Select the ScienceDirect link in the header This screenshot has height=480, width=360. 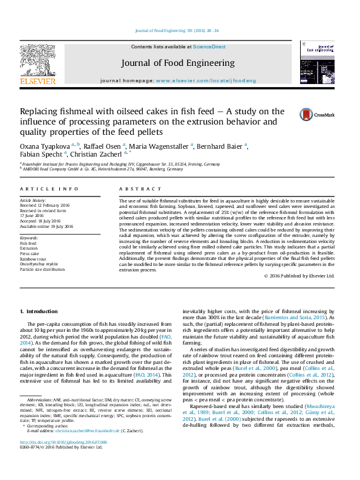pos(209,47)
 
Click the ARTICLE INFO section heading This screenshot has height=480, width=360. pos(44,189)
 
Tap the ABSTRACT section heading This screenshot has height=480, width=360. pos(133,189)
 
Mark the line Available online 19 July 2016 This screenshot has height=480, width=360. pos(47,227)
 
